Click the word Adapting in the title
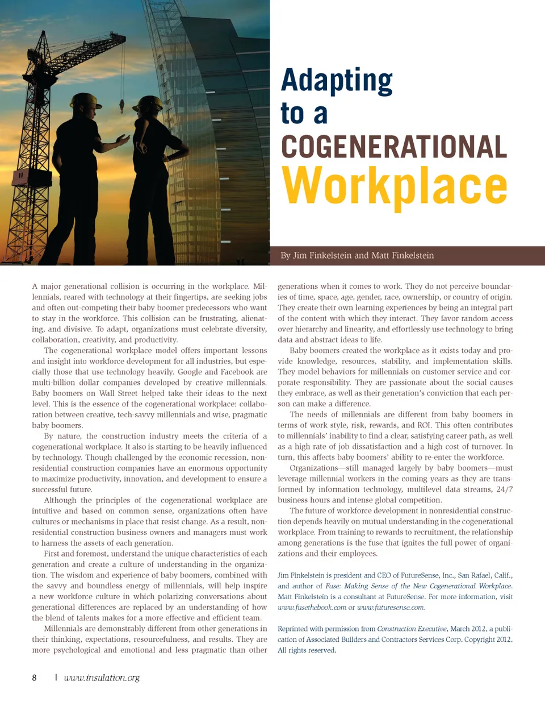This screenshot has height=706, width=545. click(x=337, y=81)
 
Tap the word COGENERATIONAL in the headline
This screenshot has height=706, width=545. click(x=394, y=147)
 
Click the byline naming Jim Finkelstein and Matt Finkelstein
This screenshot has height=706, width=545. click(x=357, y=256)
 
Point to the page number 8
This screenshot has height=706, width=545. click(x=35, y=678)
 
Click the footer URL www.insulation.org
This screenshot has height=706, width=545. click(x=102, y=678)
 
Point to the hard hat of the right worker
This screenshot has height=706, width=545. click(x=149, y=103)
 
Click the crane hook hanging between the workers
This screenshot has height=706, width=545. click(x=121, y=106)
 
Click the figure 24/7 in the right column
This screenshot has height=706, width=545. click(x=504, y=489)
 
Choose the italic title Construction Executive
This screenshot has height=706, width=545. click(x=412, y=629)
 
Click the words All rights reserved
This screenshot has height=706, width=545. click(x=307, y=650)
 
